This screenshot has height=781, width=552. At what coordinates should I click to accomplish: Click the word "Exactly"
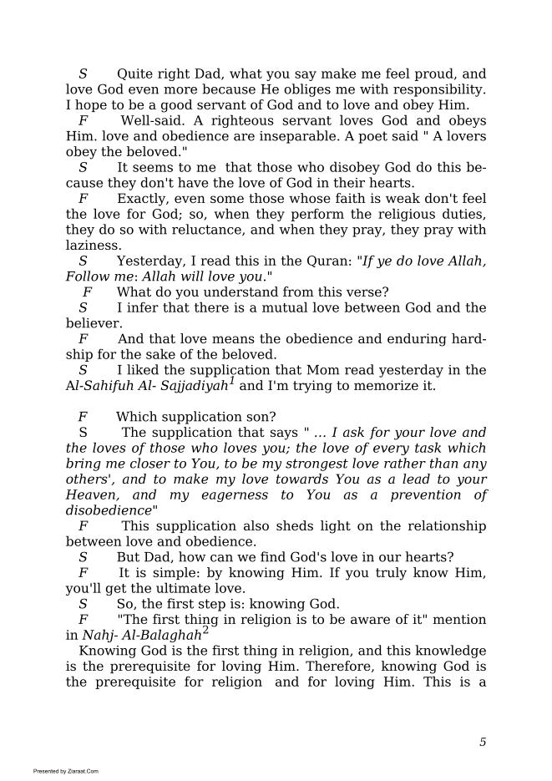click(144, 199)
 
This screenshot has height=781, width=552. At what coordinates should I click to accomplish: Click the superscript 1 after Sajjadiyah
click(232, 381)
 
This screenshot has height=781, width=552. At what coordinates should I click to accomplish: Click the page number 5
click(483, 742)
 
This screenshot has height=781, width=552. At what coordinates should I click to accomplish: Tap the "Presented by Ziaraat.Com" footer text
click(66, 771)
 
